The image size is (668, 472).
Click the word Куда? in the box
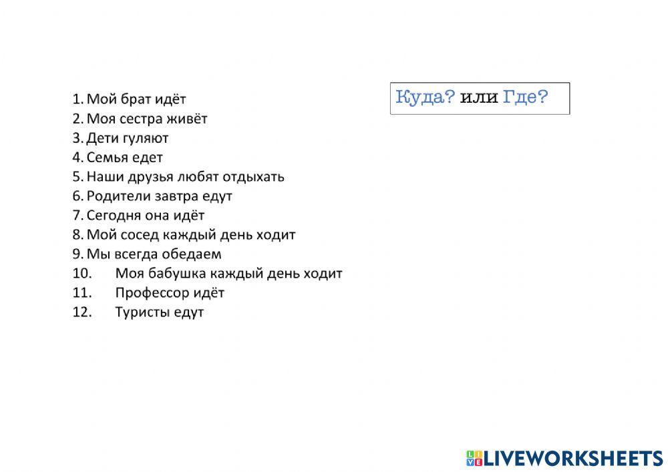[x=426, y=98]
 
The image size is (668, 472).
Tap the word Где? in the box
[x=525, y=98]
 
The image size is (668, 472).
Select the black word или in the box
[x=480, y=99]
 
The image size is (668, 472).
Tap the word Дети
[x=101, y=138]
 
